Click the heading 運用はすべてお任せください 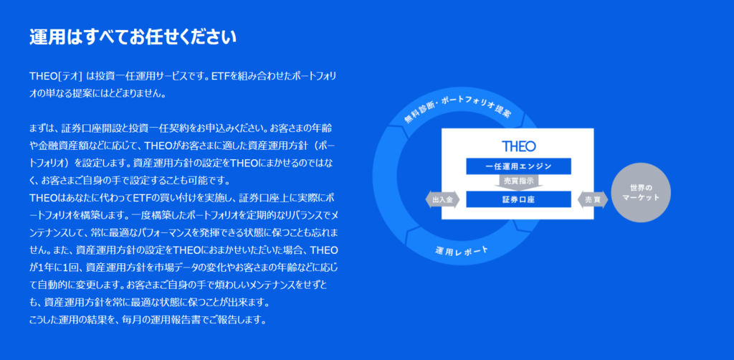point(133,37)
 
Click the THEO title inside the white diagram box point(519,146)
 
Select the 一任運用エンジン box point(518,166)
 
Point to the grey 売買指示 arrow point(518,182)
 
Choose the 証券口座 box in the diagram point(518,199)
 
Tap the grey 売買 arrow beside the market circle point(593,199)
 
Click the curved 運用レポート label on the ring point(461,252)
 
